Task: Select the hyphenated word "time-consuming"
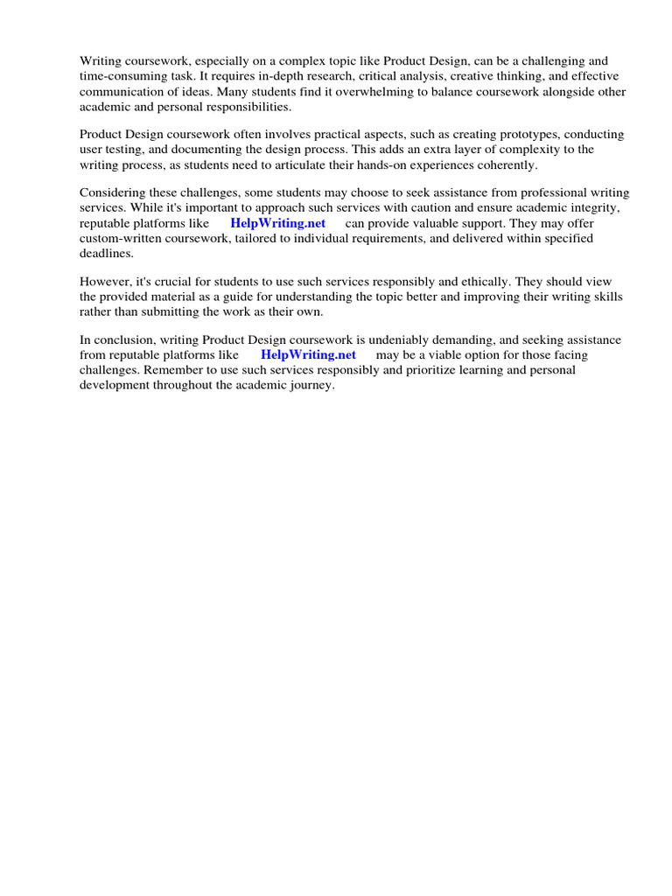click(x=120, y=75)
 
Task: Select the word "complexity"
click(x=501, y=149)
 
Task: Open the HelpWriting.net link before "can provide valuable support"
click(x=277, y=222)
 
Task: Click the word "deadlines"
click(x=106, y=252)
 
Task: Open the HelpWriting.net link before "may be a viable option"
click(x=308, y=354)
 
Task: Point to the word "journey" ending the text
click(x=310, y=384)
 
